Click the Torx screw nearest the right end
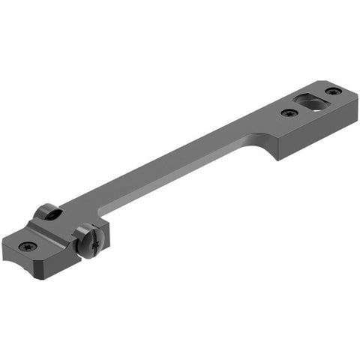333,91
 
